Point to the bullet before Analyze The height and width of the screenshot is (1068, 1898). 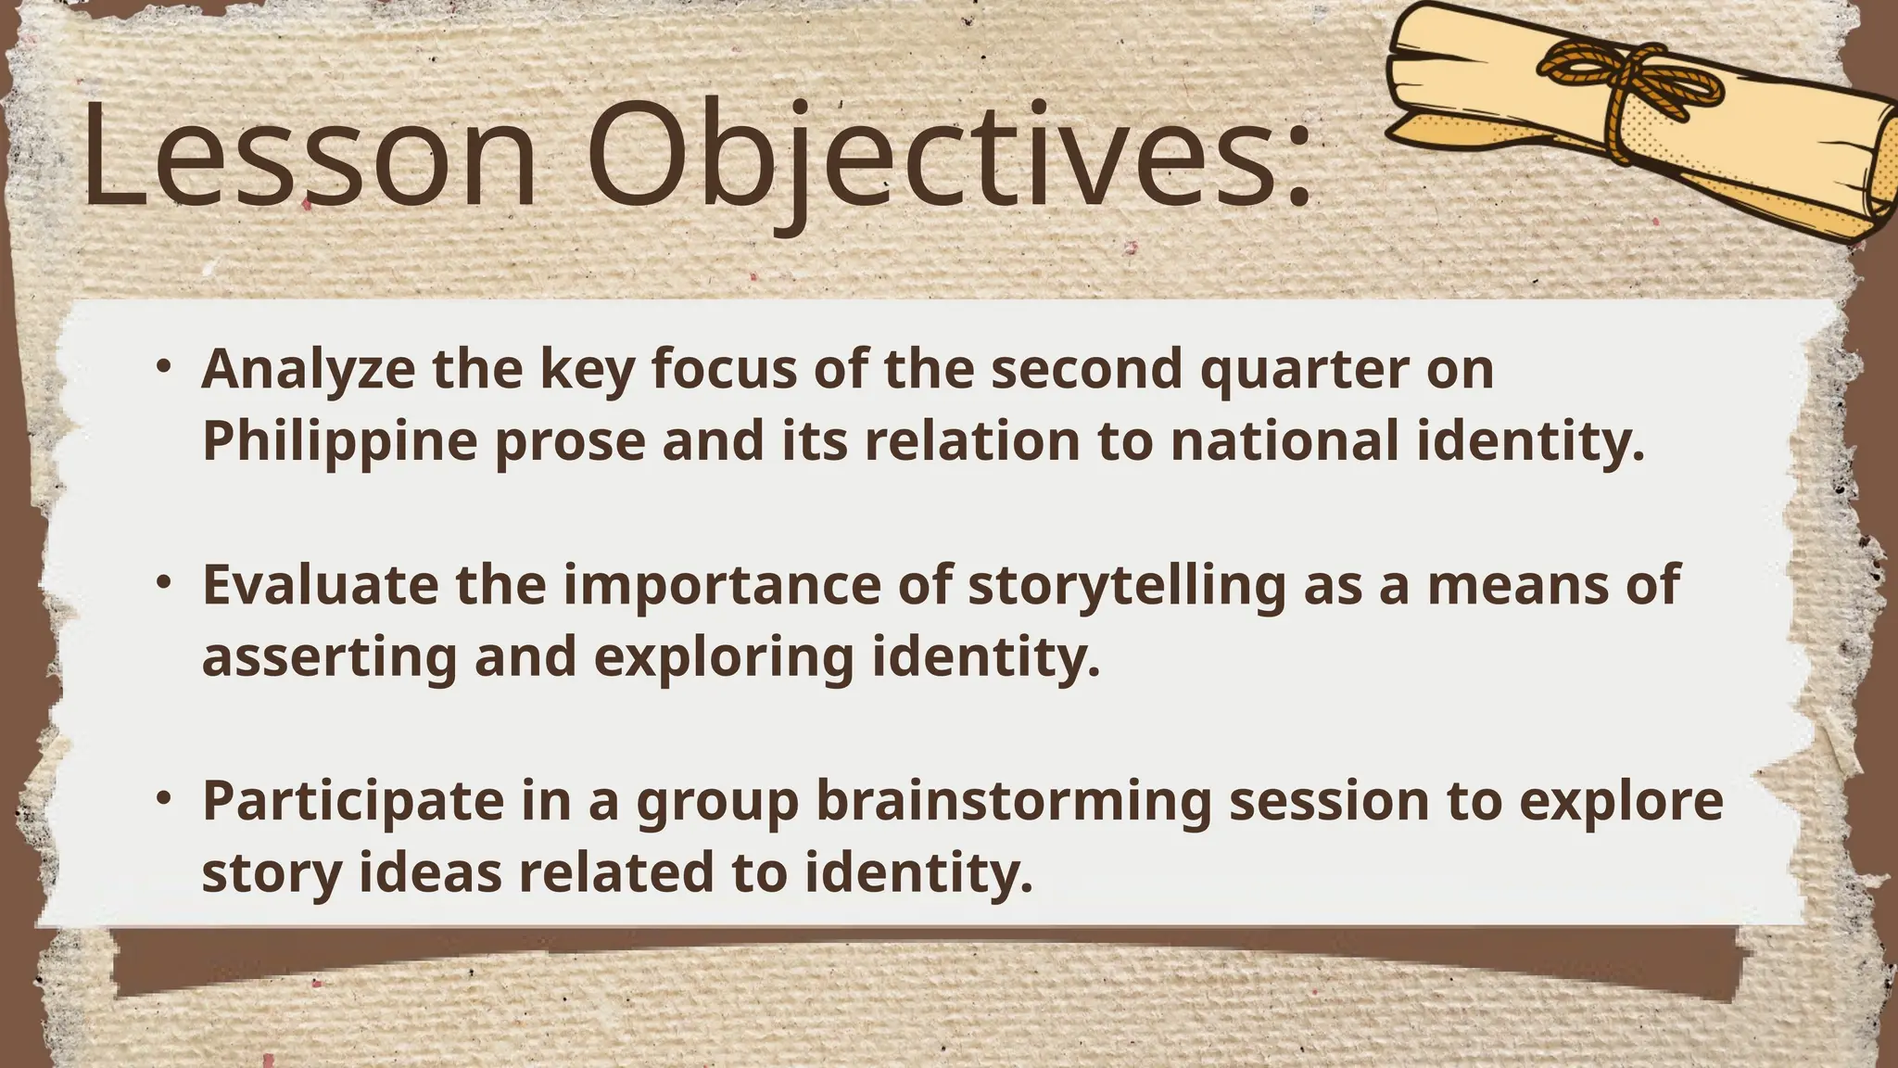pyautogui.click(x=164, y=366)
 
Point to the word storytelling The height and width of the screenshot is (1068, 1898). pyautogui.click(x=1127, y=587)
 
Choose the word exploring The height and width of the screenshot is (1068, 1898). pyautogui.click(x=724, y=658)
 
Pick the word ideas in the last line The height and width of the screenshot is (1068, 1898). pyautogui.click(x=430, y=873)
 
